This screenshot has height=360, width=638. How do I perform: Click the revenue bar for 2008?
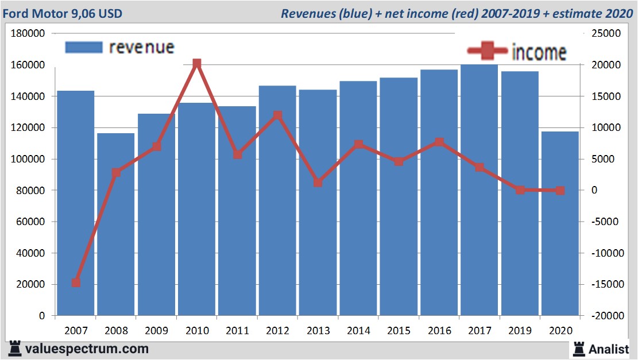tap(115, 224)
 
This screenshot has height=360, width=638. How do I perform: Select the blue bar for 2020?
tap(560, 224)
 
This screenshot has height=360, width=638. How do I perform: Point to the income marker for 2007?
tap(76, 282)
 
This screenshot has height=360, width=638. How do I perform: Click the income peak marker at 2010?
tap(197, 63)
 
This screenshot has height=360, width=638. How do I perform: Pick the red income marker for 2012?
tap(277, 115)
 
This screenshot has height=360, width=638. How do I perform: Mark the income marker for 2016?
tap(439, 142)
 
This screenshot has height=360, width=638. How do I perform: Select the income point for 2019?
tap(520, 190)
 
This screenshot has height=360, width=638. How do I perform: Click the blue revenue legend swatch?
tap(83, 47)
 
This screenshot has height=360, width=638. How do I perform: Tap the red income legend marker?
tap(488, 52)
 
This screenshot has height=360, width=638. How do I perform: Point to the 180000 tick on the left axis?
tap(28, 33)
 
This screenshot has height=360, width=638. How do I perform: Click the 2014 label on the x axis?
tap(358, 331)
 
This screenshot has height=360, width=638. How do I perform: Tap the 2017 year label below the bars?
tap(480, 331)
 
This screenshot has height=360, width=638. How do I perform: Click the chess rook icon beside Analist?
tap(578, 349)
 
